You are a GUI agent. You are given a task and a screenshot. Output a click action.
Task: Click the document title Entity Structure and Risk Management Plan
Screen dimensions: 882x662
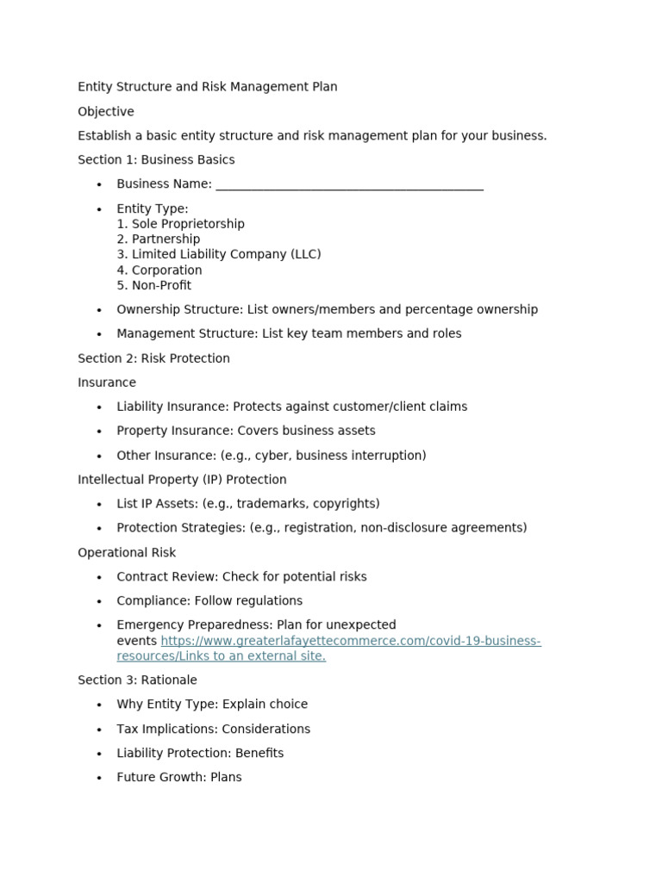pos(207,87)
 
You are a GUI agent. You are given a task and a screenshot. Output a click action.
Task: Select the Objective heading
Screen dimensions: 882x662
pos(106,112)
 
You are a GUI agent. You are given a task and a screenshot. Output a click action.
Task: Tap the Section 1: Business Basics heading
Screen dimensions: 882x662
pos(156,160)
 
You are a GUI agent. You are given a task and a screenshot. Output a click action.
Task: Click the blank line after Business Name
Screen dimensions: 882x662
pos(349,185)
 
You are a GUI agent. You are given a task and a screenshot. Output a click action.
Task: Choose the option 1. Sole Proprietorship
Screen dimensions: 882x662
pos(181,224)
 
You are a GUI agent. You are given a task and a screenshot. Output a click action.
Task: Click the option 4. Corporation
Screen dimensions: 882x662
pos(159,270)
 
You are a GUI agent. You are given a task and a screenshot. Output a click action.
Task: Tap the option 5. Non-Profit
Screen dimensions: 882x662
pos(154,286)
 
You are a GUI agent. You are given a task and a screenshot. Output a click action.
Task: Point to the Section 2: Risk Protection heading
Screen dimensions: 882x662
pos(153,358)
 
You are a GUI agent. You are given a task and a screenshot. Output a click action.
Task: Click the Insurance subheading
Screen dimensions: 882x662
pos(107,382)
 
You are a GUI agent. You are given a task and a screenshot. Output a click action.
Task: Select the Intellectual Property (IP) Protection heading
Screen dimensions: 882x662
pos(182,480)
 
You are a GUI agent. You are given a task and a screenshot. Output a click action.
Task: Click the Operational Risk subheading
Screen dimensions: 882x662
pos(127,553)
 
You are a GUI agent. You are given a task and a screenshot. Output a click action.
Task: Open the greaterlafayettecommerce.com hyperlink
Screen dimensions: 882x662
pos(350,642)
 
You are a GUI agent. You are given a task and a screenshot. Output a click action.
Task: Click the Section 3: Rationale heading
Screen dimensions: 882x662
pos(137,680)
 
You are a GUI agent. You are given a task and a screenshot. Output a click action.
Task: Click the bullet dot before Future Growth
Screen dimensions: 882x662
pos(100,778)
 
